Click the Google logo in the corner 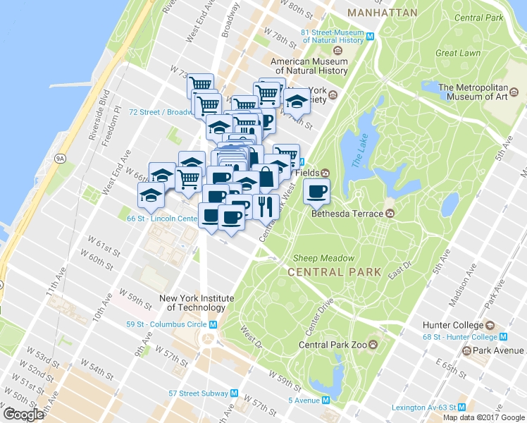[23, 415]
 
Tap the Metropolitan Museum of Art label [473, 92]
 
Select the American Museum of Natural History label [311, 66]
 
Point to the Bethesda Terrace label [349, 214]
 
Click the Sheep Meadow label [316, 258]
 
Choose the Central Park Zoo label [333, 345]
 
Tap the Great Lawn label [457, 53]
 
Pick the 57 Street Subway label [198, 393]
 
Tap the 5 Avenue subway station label [304, 400]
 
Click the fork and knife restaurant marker [266, 206]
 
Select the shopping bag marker [267, 178]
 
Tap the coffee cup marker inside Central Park [317, 190]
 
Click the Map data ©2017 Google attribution [484, 417]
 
